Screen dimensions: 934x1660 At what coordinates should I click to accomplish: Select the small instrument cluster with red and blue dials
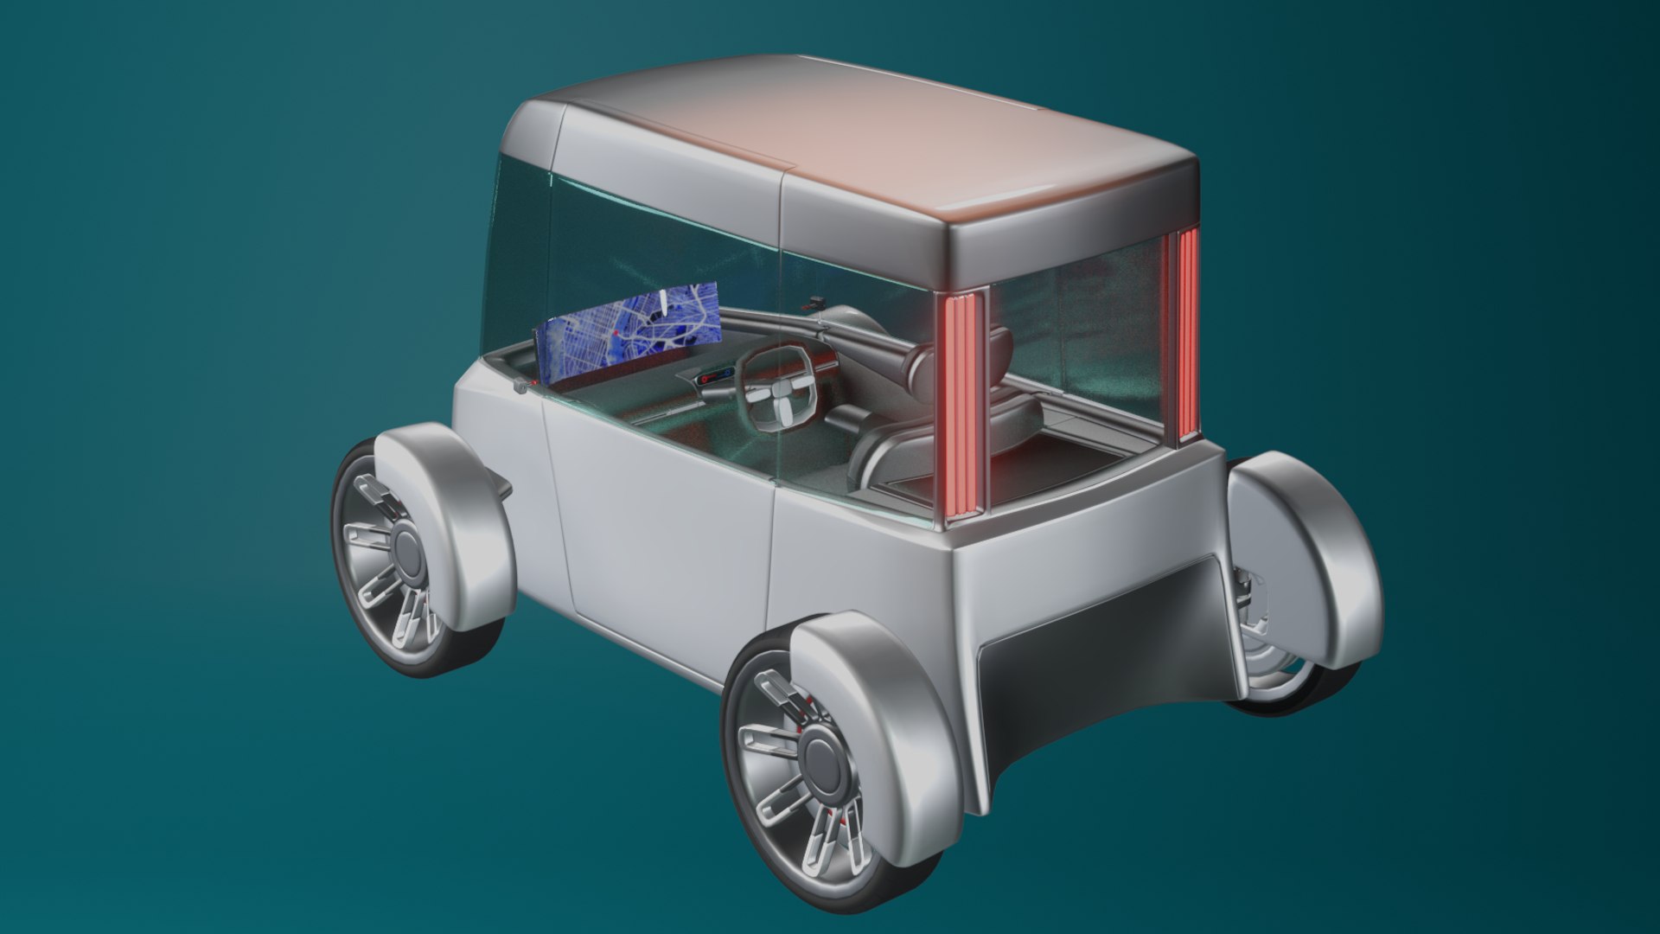[x=716, y=377]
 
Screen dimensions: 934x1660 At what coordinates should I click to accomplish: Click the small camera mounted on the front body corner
[x=520, y=387]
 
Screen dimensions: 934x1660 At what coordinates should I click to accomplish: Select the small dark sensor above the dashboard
[x=814, y=302]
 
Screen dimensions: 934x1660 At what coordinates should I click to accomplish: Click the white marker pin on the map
[x=662, y=301]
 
